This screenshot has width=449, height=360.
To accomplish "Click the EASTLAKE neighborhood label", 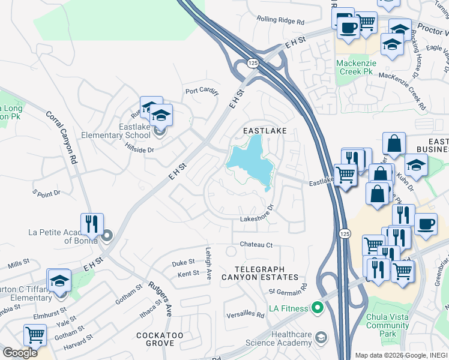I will [x=264, y=130].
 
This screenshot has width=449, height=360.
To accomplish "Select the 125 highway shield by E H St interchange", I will [x=252, y=62].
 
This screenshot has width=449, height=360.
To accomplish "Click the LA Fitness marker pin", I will [x=317, y=308].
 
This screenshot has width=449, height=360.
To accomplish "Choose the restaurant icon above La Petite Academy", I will [x=92, y=224].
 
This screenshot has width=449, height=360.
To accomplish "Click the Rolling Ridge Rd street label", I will [x=280, y=20].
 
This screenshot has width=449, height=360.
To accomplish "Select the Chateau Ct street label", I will [x=256, y=245].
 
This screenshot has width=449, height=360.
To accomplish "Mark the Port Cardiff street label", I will [x=202, y=91].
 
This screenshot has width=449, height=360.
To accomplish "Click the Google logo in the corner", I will [x=20, y=352].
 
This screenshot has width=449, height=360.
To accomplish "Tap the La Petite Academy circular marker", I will [x=107, y=235].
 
